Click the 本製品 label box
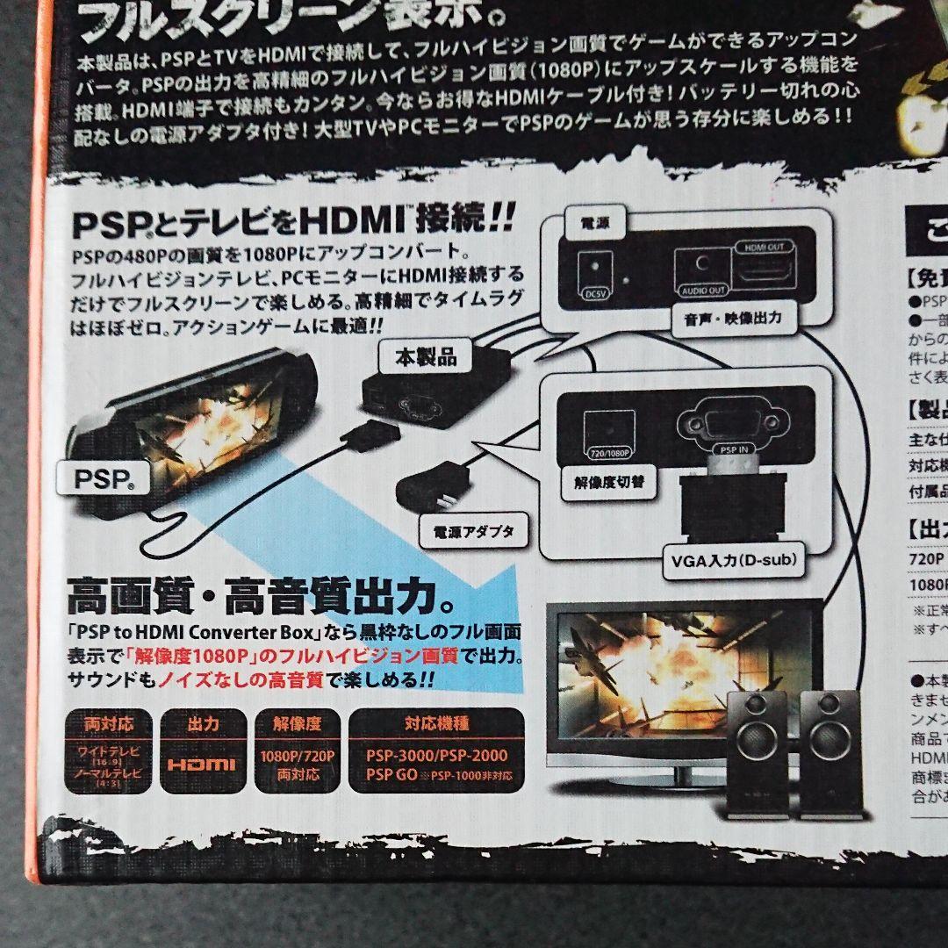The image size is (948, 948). pos(426,357)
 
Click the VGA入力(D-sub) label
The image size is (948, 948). pos(733,557)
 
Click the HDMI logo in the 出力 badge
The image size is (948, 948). pos(202,764)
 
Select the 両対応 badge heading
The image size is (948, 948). pos(109,724)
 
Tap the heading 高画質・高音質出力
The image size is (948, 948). pos(262,599)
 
